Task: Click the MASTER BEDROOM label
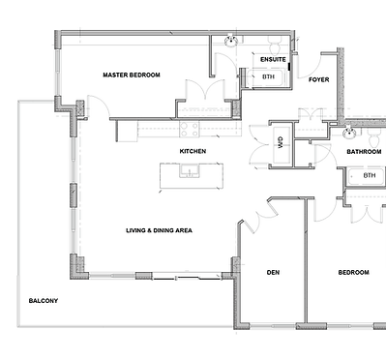point(131,75)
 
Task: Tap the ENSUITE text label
point(262,59)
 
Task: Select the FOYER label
point(319,79)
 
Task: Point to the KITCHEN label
point(193,152)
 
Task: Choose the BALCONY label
point(43,301)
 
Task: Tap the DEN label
point(273,273)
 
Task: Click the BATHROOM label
point(365,152)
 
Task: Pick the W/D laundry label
point(281,141)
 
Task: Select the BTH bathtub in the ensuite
point(268,76)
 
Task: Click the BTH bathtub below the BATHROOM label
point(369,176)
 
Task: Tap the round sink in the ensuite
point(232,41)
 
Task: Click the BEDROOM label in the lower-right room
point(352,273)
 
